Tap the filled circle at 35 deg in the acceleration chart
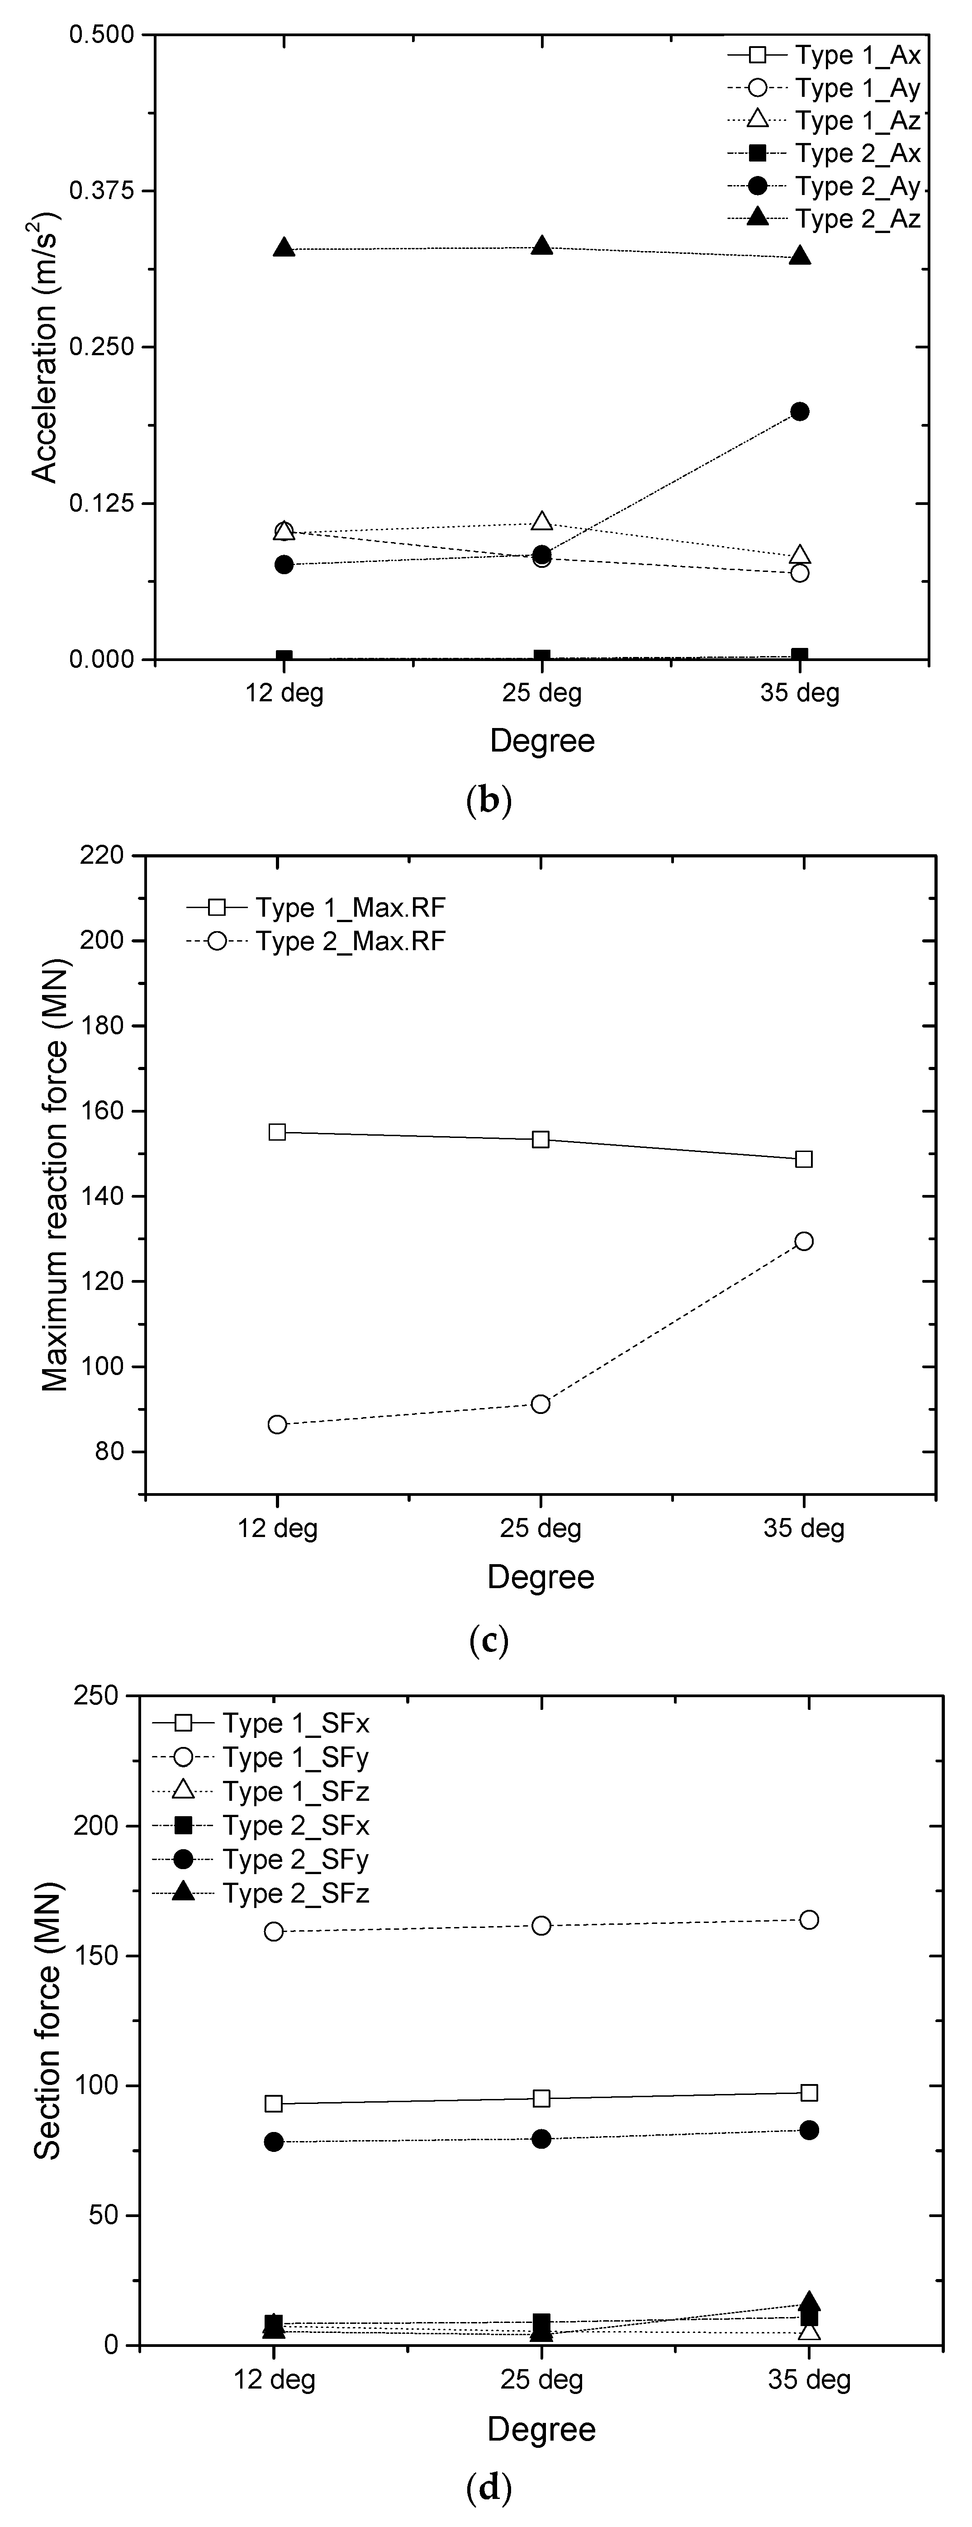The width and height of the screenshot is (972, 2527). pos(799,411)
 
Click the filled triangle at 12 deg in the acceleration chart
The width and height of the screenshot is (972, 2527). pos(284,247)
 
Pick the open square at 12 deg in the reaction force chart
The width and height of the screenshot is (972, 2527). pos(278,1132)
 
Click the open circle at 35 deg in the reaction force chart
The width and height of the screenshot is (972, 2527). pos(803,1241)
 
